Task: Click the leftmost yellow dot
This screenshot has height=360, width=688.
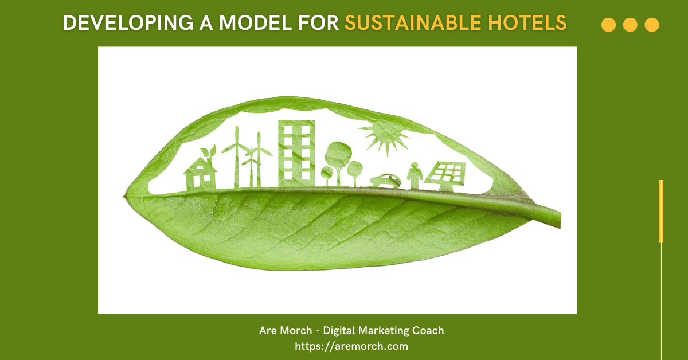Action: tap(608, 25)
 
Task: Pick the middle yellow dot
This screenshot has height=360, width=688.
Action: tap(630, 25)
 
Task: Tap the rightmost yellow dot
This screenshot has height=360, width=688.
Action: tap(651, 25)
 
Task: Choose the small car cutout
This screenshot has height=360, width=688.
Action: tap(385, 180)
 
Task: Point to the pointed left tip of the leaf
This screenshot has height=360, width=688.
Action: tap(124, 197)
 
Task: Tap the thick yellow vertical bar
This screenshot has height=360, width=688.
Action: tap(661, 211)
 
